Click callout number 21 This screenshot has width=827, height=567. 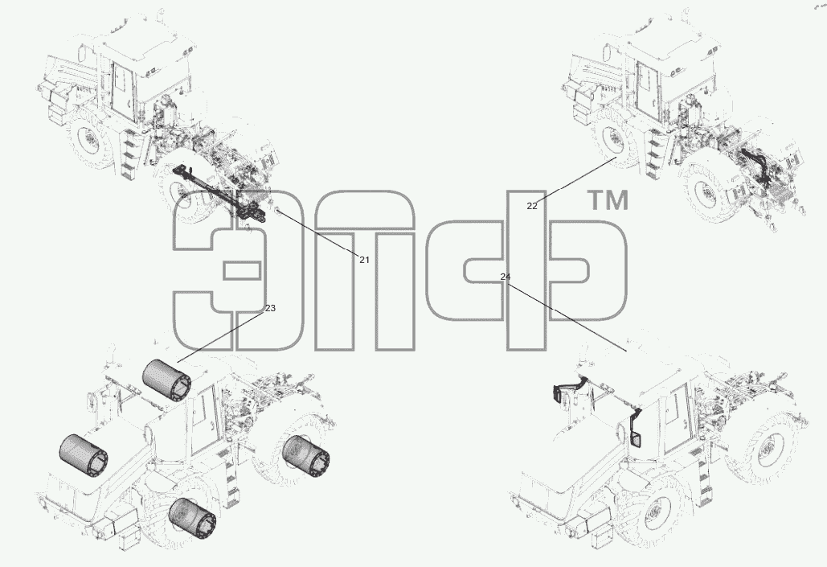[x=364, y=260]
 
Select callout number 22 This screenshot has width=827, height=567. [x=532, y=206]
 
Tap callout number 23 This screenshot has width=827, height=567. [x=270, y=308]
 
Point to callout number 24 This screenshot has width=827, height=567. [x=506, y=277]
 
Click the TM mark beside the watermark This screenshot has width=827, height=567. [x=608, y=200]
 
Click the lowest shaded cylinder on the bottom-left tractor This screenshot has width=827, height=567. [x=192, y=518]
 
